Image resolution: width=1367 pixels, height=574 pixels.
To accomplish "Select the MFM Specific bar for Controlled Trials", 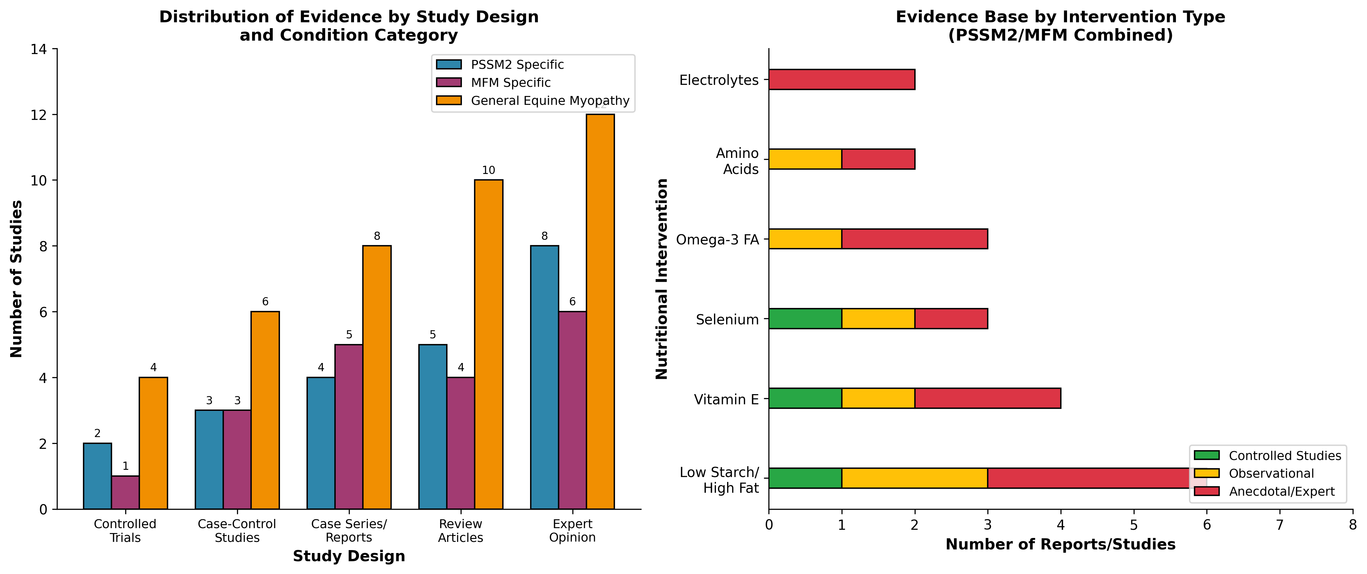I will tap(125, 492).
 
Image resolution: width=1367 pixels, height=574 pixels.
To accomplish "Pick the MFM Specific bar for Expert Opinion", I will tap(572, 410).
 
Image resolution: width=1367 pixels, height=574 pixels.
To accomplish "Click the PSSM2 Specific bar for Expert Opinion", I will tap(545, 377).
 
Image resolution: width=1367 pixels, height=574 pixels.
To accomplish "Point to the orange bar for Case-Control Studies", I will tap(265, 410).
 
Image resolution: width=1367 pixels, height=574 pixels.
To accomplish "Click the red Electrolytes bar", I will tap(841, 80).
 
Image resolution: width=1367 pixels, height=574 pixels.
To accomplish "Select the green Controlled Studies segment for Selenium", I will tap(805, 319).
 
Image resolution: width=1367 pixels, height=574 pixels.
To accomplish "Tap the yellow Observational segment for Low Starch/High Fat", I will tap(914, 478).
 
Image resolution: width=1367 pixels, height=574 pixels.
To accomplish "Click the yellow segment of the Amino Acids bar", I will tap(805, 159).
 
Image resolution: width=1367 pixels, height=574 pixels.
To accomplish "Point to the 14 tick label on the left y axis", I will tap(39, 49).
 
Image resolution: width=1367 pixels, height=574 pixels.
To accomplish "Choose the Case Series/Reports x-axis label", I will tap(349, 530).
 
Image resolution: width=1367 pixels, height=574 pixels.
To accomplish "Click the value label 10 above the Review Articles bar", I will tap(488, 170).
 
